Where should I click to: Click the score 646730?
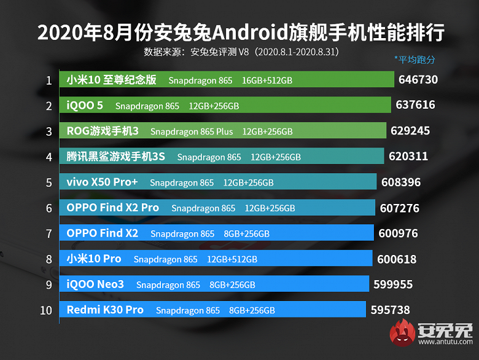coord(418,80)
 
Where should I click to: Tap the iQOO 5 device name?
coord(85,106)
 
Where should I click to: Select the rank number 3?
coord(48,131)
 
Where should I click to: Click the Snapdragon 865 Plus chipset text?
coord(192,131)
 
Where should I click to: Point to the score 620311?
coord(408,157)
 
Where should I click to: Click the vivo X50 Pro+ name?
coord(102,182)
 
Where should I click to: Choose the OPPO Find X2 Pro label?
coord(112,208)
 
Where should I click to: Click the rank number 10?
coord(46,310)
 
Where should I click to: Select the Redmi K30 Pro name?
coord(104,310)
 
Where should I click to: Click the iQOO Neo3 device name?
coord(95,284)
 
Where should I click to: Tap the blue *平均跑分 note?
coord(415,60)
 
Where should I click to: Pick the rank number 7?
coord(48,233)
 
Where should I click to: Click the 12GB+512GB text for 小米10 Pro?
coord(232,259)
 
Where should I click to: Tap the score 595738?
coord(390,310)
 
